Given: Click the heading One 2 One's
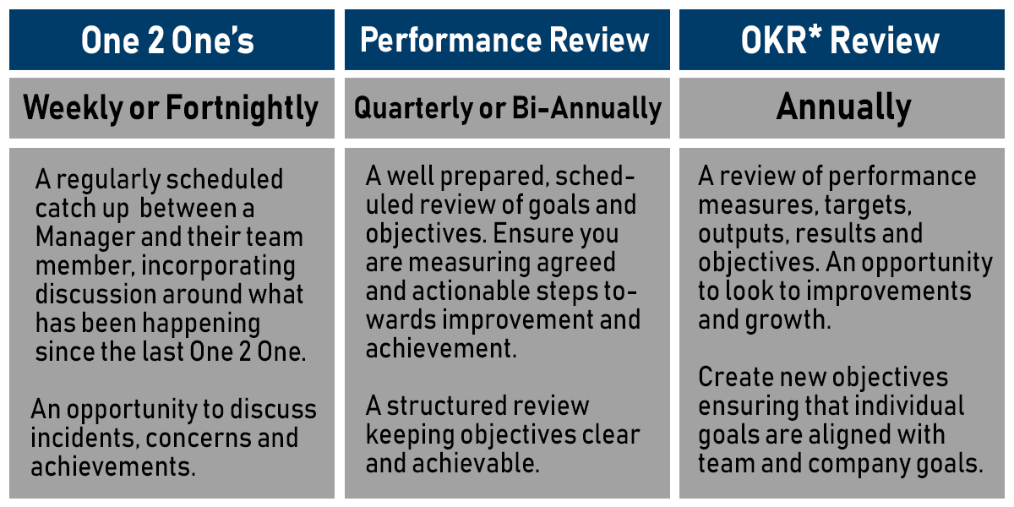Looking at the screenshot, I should tap(167, 41).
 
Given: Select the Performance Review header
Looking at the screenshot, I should tap(505, 41).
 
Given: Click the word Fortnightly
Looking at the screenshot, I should tap(243, 108).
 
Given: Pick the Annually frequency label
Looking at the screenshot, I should tap(843, 107).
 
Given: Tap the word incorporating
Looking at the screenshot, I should tap(218, 266).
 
